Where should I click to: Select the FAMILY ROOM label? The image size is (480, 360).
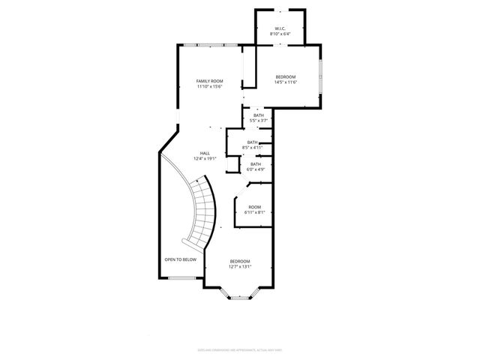[x=210, y=81]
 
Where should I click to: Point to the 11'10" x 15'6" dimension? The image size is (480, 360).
[x=210, y=86]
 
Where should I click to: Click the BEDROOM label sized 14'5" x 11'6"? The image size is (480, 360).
[x=285, y=76]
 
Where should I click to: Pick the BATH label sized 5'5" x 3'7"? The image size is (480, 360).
[x=258, y=115]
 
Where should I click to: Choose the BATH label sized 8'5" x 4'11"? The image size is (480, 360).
[x=252, y=142]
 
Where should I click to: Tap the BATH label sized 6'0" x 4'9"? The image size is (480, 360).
[x=256, y=164]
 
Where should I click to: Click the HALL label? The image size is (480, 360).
[x=205, y=153]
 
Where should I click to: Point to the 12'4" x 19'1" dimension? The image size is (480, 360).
[x=205, y=158]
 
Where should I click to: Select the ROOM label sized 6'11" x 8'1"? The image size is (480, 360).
[x=255, y=207]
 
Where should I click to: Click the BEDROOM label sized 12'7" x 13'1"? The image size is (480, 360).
[x=240, y=260]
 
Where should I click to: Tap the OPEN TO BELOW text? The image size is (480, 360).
[x=181, y=259]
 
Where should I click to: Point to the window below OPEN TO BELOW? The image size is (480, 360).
[x=181, y=278]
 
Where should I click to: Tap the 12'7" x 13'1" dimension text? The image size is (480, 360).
[x=240, y=265]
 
